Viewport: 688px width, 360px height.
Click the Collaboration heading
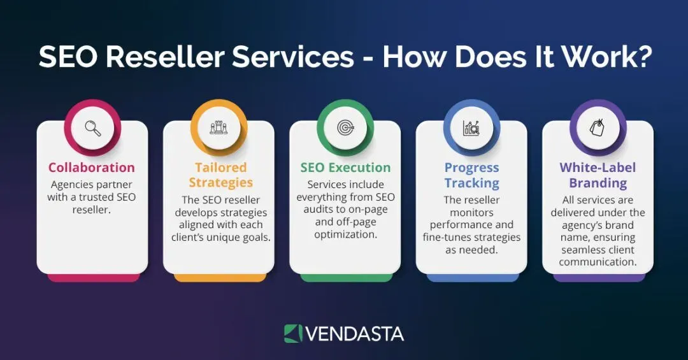[x=92, y=168]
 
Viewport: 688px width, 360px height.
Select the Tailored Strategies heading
[x=220, y=175]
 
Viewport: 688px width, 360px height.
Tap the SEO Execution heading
[x=345, y=168]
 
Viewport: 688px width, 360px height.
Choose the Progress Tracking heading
[x=471, y=175]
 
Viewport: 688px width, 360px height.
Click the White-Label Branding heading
[x=598, y=175]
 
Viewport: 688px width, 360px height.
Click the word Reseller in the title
[x=165, y=57]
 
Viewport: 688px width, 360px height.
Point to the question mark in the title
[x=642, y=57]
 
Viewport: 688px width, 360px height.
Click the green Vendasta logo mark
[x=293, y=334]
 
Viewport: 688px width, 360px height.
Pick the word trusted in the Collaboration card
[x=99, y=197]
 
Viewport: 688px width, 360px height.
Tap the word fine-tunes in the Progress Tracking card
[x=447, y=237]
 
